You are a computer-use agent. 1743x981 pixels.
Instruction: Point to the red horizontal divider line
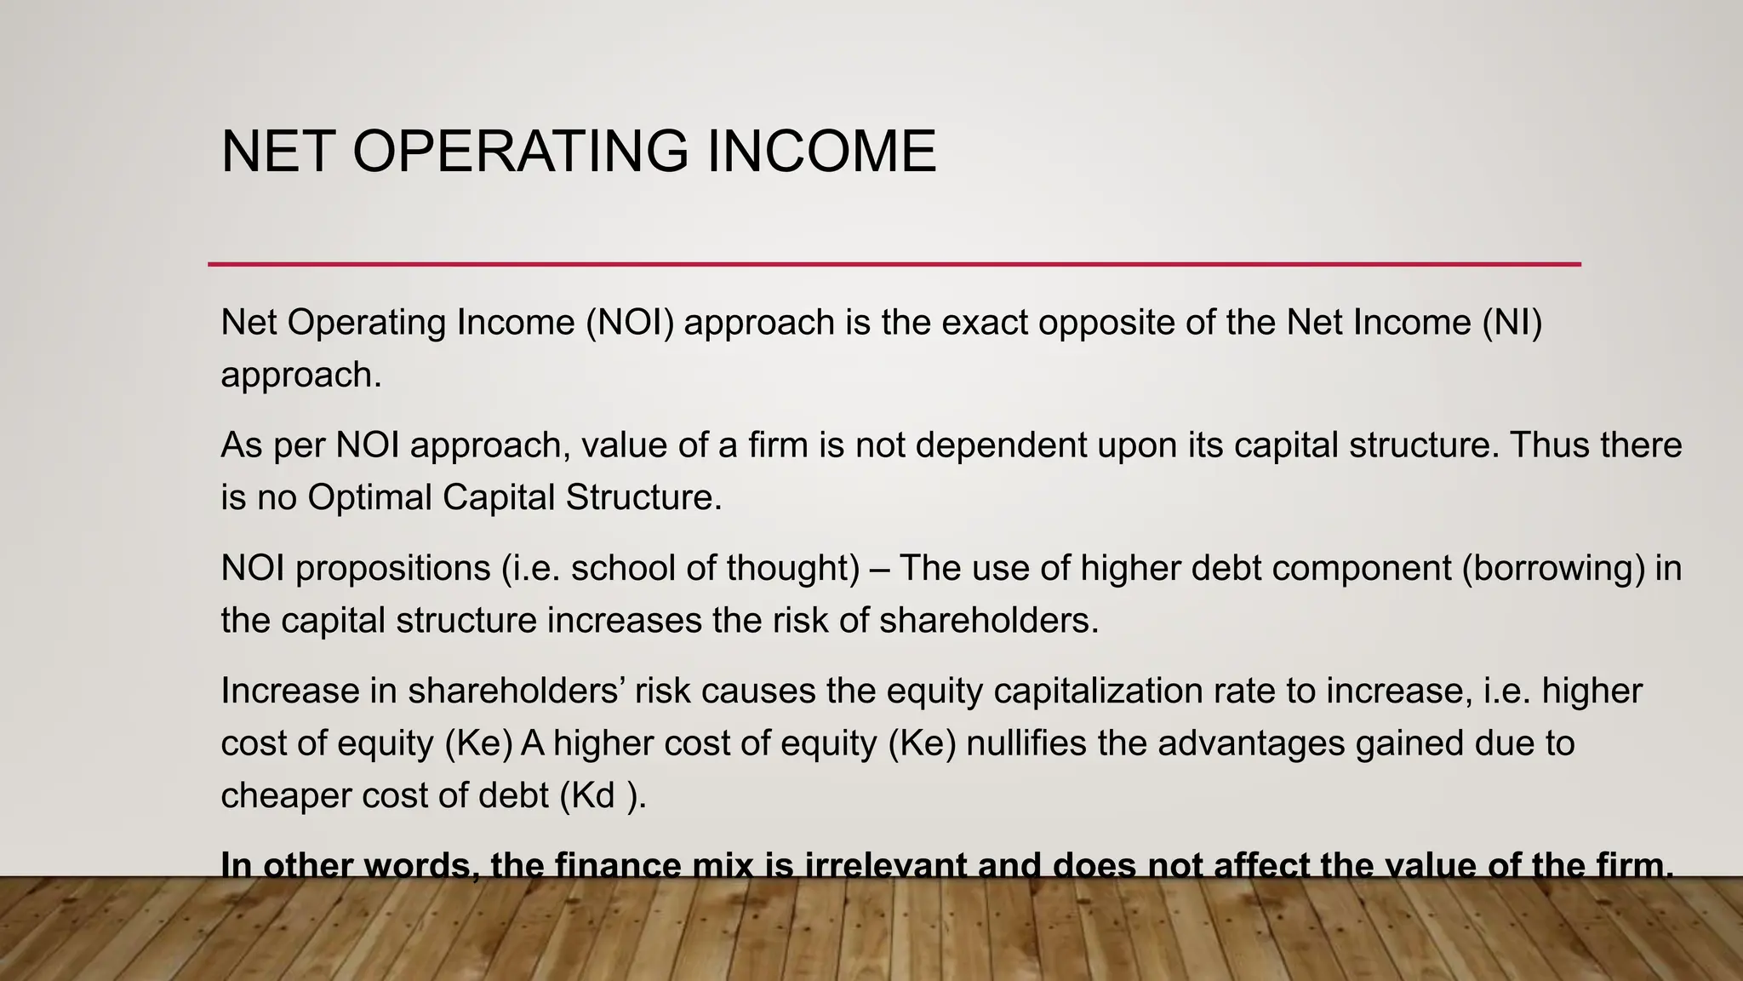point(894,264)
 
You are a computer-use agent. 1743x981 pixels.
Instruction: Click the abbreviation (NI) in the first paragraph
point(1512,323)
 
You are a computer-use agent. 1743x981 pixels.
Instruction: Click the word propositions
point(392,568)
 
